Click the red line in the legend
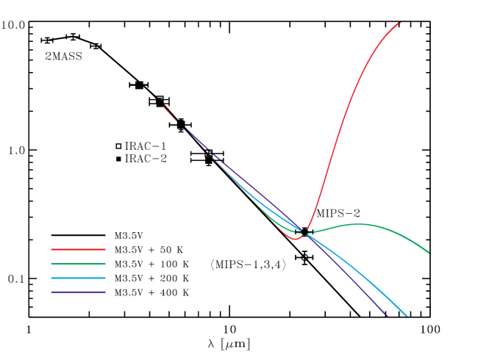(78, 250)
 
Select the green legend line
(78, 264)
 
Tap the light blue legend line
(78, 278)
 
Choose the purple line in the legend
(78, 292)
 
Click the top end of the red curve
(400, 22)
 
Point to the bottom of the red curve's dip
(295, 239)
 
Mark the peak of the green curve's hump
(357, 224)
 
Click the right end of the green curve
(429, 253)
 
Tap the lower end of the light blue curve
(407, 317)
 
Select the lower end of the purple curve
(386, 316)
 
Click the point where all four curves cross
(304, 232)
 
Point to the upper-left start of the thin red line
(151, 94)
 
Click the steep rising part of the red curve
(338, 125)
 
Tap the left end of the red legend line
(52, 250)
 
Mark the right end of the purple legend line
(105, 292)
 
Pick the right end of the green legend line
(105, 264)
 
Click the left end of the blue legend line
(52, 278)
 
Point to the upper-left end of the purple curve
(184, 126)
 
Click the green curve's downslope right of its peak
(401, 234)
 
